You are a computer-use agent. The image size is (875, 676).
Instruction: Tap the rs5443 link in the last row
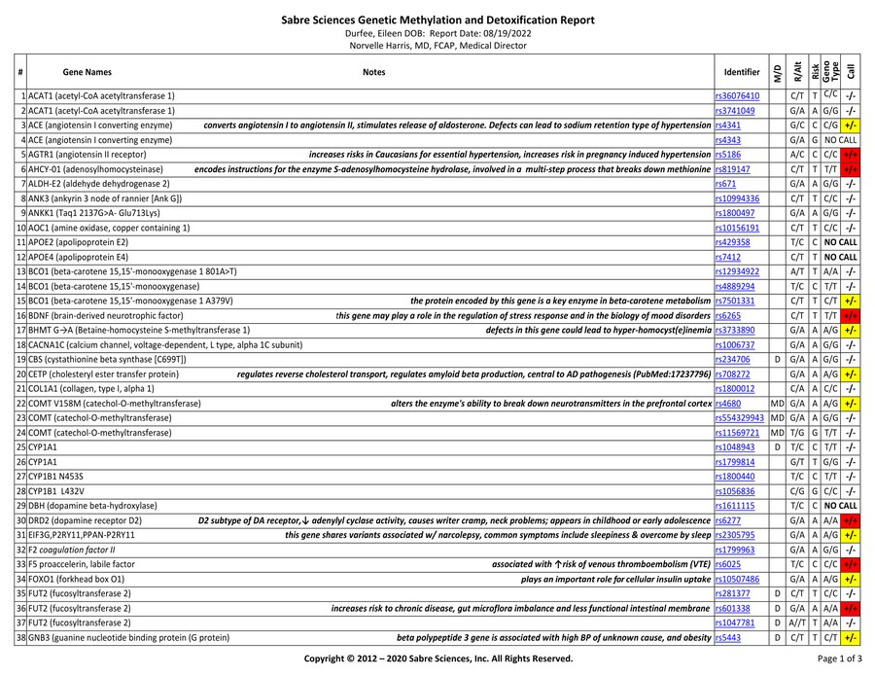(728, 637)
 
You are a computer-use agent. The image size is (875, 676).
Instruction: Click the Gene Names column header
(87, 72)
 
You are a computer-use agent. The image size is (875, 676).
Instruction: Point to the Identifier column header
(742, 72)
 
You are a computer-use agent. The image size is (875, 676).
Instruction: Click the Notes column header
(373, 72)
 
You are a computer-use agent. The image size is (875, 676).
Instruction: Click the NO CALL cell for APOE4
(841, 257)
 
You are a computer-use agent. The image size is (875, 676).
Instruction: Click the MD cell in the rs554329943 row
(777, 417)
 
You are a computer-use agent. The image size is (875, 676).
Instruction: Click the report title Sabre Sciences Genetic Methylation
(437, 19)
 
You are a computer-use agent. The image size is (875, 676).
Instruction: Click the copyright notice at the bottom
(437, 658)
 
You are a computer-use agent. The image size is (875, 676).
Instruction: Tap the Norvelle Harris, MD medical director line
(437, 45)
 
